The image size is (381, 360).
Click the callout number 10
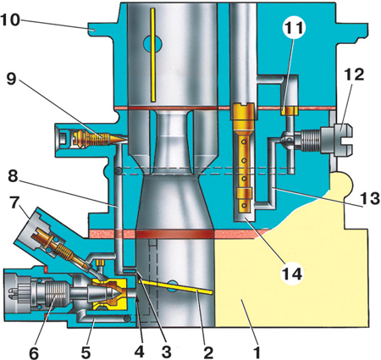pos(10,20)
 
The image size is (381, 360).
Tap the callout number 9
pos(11,80)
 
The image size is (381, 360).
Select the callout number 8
pos(13,176)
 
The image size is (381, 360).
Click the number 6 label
pos(34,353)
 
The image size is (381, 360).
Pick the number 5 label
pos(86,352)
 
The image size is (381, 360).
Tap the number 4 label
pos(140,352)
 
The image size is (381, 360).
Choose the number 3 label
pos(167,352)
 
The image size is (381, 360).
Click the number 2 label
pos(208,352)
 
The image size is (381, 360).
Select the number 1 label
pos(257,352)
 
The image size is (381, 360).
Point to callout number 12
pos(355,75)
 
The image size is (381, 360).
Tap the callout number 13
pos(370,198)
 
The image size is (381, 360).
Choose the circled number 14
pos(292,274)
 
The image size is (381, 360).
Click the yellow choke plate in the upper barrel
pos(152,55)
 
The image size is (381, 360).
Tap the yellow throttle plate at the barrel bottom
pos(175,287)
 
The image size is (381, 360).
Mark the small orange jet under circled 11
pos(290,111)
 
